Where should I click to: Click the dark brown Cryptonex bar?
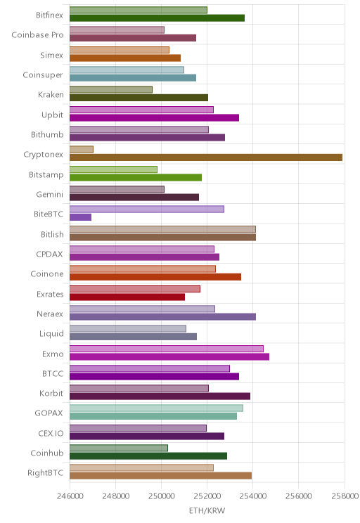click(206, 157)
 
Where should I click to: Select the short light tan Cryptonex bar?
click(82, 150)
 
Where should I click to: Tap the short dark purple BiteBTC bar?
click(80, 217)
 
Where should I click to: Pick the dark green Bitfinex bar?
click(157, 18)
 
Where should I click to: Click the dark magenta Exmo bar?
click(169, 356)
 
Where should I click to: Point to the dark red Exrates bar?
click(127, 297)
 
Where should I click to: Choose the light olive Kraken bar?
click(111, 90)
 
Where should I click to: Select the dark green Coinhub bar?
click(148, 456)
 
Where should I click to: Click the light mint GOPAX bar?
click(157, 408)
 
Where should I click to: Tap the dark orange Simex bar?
click(125, 58)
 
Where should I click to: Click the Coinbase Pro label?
click(37, 35)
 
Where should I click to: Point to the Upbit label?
click(52, 115)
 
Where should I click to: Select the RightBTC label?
click(46, 473)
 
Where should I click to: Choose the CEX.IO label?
click(51, 433)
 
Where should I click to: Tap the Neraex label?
click(50, 314)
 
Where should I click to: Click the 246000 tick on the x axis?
click(70, 496)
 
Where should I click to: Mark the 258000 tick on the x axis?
click(345, 496)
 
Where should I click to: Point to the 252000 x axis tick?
click(207, 496)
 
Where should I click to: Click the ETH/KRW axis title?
click(207, 510)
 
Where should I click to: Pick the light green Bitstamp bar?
click(113, 169)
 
